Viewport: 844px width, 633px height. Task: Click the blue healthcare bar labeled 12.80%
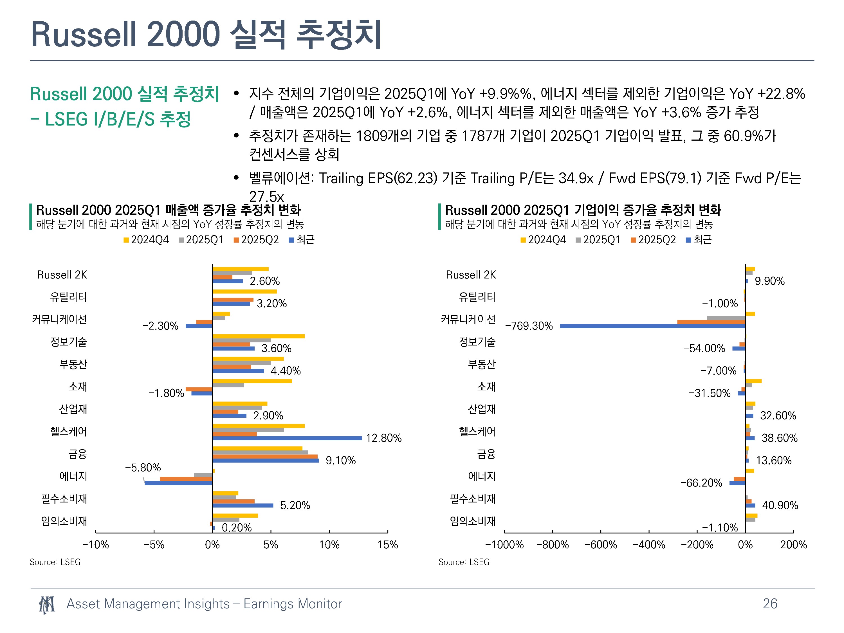pyautogui.click(x=287, y=438)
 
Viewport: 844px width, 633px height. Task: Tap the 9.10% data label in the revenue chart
pyautogui.click(x=340, y=461)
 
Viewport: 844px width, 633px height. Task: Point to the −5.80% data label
pyautogui.click(x=143, y=468)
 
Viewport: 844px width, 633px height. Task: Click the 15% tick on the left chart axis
pyautogui.click(x=388, y=544)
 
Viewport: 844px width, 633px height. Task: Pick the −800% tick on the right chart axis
pyautogui.click(x=553, y=544)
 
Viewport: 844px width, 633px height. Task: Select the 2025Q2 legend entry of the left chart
pyautogui.click(x=256, y=240)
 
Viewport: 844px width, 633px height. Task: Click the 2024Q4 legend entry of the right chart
pyautogui.click(x=543, y=240)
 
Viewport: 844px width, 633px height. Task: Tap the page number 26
pyautogui.click(x=770, y=604)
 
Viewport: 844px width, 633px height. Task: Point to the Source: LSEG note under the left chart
pyautogui.click(x=55, y=562)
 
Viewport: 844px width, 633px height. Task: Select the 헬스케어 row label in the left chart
pyautogui.click(x=69, y=432)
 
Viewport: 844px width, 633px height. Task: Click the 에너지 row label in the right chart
pyautogui.click(x=482, y=477)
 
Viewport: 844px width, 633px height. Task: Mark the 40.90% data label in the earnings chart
pyautogui.click(x=780, y=506)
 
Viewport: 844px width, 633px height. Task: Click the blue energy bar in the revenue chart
pyautogui.click(x=179, y=483)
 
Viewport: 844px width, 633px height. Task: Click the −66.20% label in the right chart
pyautogui.click(x=701, y=483)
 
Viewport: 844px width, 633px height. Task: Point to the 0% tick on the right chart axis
pyautogui.click(x=745, y=544)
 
